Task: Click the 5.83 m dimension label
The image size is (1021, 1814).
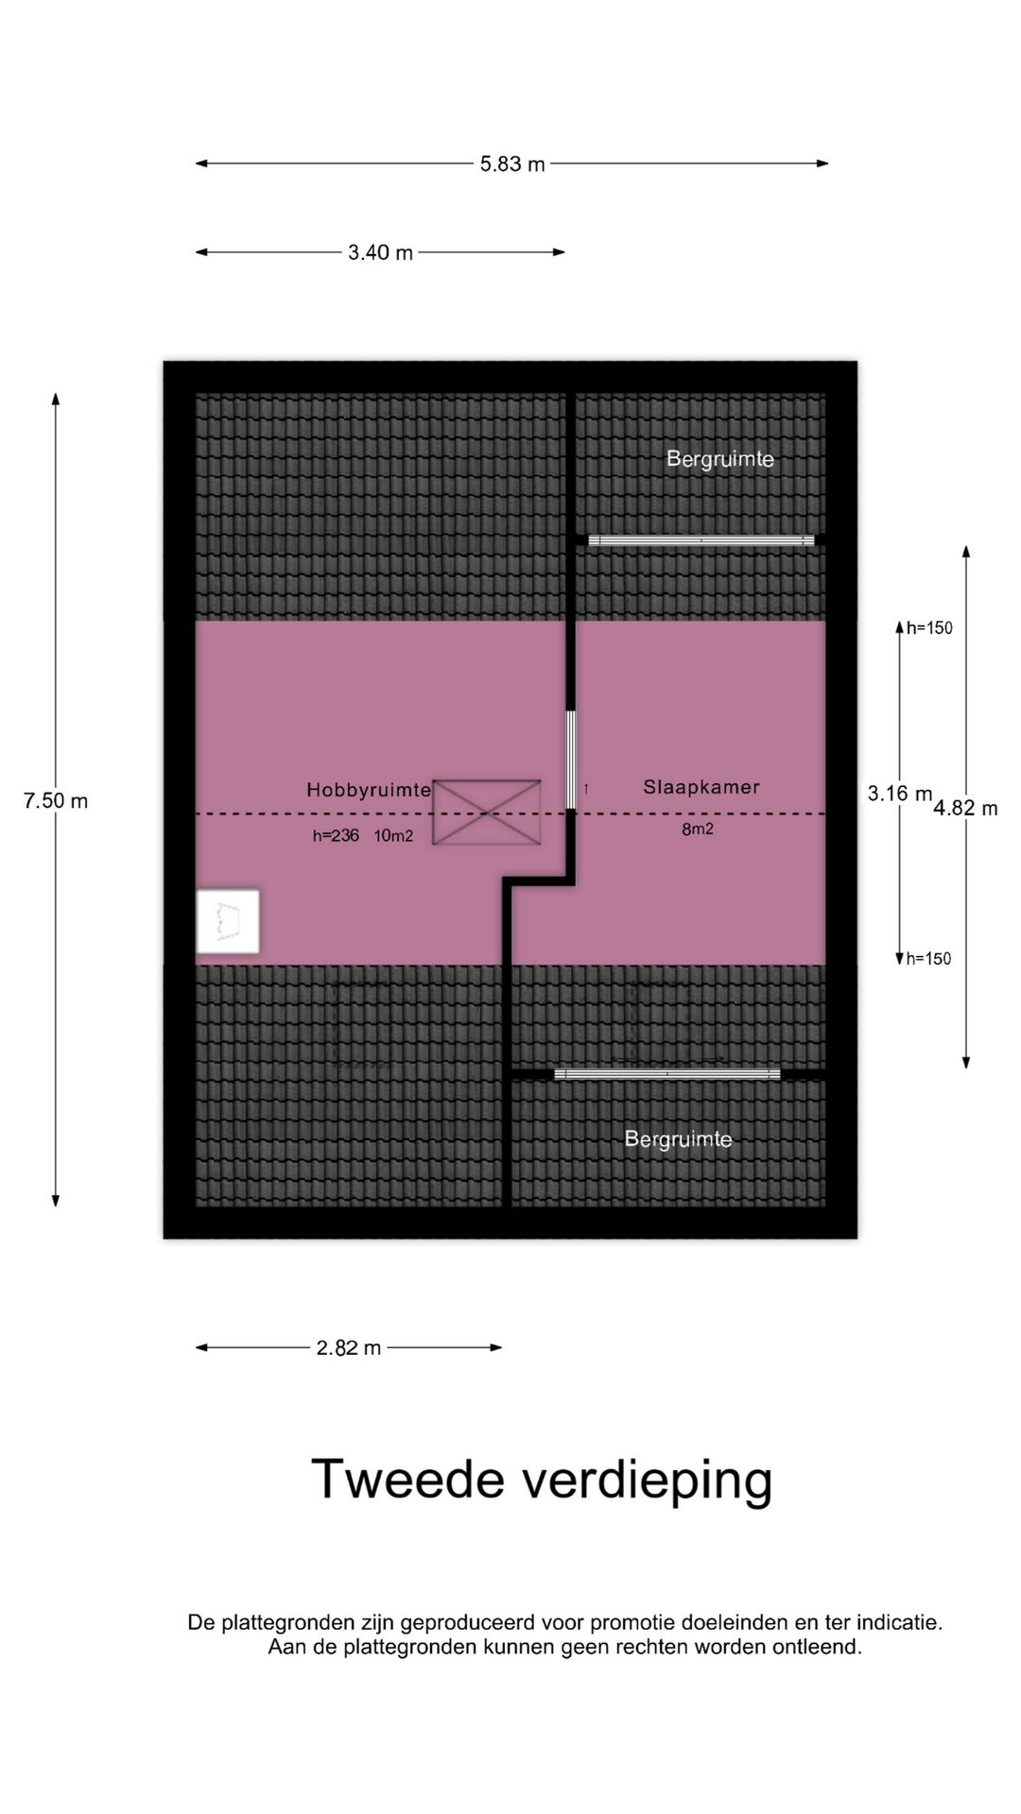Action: tap(512, 164)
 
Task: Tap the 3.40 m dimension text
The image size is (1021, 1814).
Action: tap(380, 253)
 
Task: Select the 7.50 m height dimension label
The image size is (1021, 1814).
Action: tap(56, 801)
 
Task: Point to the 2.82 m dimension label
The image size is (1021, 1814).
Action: tap(349, 1348)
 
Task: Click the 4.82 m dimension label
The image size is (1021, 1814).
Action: tap(965, 809)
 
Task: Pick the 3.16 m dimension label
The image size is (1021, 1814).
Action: tap(900, 794)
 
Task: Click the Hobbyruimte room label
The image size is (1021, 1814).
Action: tap(369, 790)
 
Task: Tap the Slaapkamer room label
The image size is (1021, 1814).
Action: tap(701, 787)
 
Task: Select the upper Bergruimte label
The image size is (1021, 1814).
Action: tap(720, 459)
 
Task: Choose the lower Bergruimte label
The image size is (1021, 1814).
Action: tap(678, 1139)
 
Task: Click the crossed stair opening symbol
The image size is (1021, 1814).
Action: tap(487, 813)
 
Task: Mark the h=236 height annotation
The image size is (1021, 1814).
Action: tap(336, 835)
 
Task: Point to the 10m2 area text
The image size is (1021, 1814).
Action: tap(393, 835)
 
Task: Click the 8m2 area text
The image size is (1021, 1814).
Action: tap(698, 830)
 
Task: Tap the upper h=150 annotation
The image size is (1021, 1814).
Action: tap(929, 628)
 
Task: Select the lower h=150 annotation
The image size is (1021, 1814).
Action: tap(929, 959)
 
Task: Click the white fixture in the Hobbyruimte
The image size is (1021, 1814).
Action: tap(227, 921)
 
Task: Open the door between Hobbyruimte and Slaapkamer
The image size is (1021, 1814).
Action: tap(571, 760)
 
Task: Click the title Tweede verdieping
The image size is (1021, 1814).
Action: tap(542, 1480)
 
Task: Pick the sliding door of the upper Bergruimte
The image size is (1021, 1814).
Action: tap(701, 540)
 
